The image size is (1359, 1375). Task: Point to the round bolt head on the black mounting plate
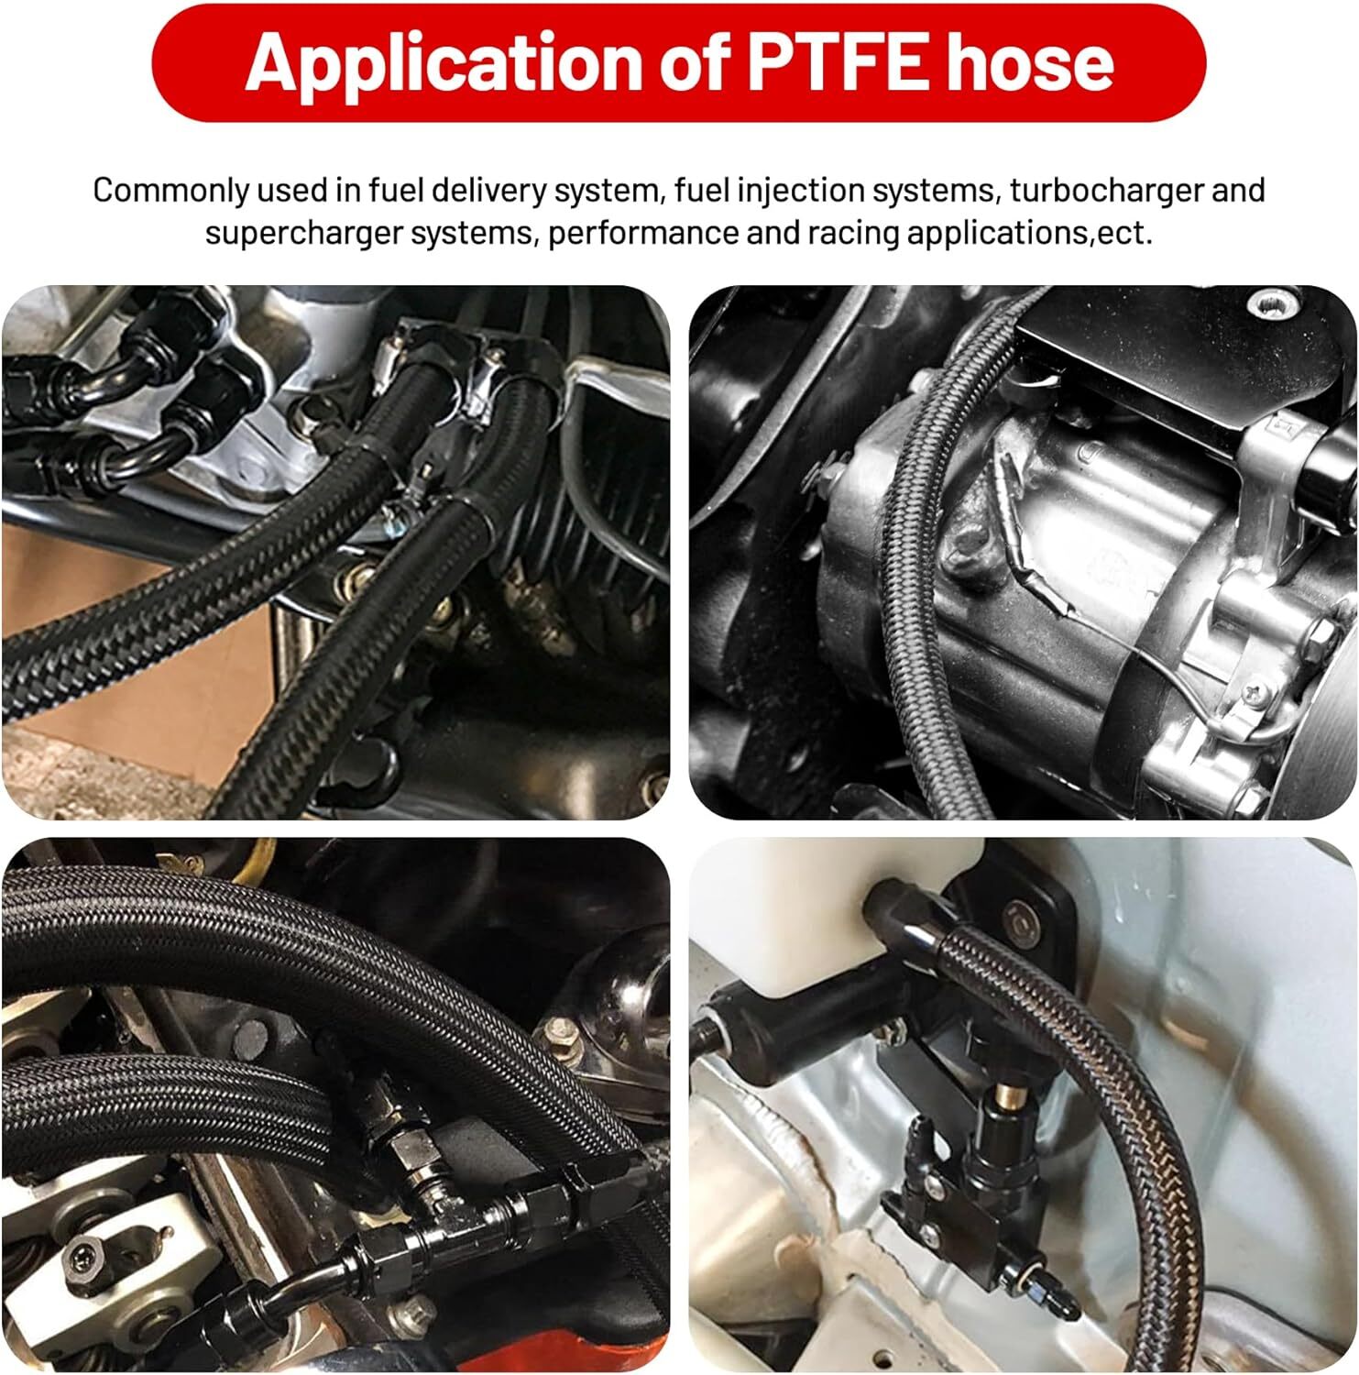(x=1016, y=917)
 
